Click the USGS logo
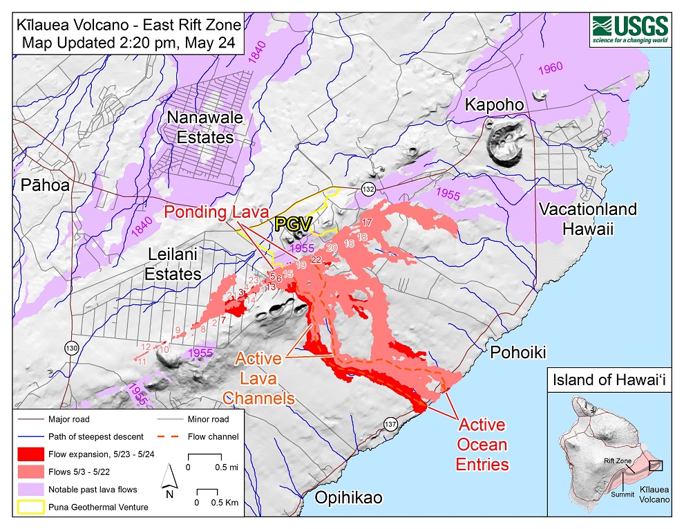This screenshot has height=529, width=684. point(629,30)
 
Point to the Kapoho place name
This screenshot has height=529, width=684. point(494,104)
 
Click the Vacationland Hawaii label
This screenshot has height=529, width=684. point(587,219)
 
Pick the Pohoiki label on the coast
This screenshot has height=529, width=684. point(518,353)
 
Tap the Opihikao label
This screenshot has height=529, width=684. point(348,497)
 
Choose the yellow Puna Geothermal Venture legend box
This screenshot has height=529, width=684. point(29,506)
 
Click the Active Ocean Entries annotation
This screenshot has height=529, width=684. point(482,444)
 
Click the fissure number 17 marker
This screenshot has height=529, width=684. point(367,223)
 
